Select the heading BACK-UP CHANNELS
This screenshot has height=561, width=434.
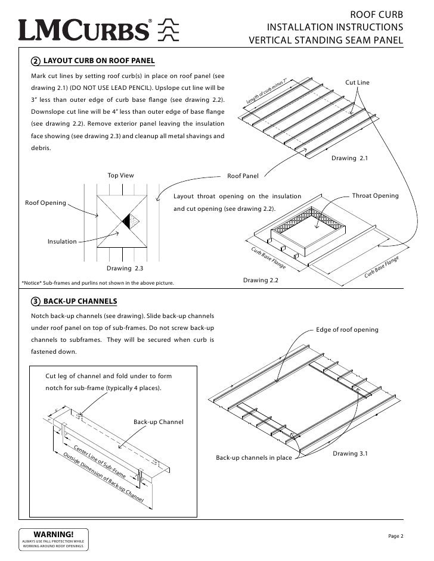pos(80,301)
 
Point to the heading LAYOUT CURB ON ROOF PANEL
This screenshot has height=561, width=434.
pos(99,61)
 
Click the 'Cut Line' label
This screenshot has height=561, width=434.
pos(358,81)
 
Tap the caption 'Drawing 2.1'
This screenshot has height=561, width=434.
pos(350,159)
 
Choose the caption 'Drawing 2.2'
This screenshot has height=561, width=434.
pos(261,280)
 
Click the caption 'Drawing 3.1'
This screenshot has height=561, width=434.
pos(350,454)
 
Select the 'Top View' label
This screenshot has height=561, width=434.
pos(120,176)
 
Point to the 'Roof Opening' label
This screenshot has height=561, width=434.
pos(45,203)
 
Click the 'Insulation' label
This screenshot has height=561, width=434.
pos(62,241)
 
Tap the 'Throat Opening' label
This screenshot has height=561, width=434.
pos(376,196)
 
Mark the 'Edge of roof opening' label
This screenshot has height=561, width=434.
pos(347,329)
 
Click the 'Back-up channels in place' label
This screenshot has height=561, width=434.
pos(253,458)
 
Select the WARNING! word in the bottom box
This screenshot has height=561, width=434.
pos(54,534)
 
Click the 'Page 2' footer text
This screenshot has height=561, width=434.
pos(396,537)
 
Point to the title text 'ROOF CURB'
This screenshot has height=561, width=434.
pos(376,15)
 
